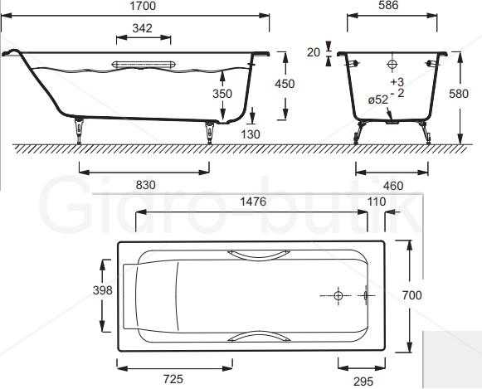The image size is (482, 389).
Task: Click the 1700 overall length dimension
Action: tap(143, 6)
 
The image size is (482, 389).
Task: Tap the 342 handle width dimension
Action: tap(143, 28)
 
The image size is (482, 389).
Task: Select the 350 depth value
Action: tap(222, 94)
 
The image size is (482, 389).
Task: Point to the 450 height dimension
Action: tap(285, 84)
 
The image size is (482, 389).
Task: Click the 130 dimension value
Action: tap(251, 134)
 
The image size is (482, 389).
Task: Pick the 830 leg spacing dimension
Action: tap(146, 185)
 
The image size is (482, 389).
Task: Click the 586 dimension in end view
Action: tap(388, 5)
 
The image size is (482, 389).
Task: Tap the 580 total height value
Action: tap(459, 94)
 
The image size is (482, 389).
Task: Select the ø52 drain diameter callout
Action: tap(378, 100)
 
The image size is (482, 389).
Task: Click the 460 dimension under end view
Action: tap(393, 186)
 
